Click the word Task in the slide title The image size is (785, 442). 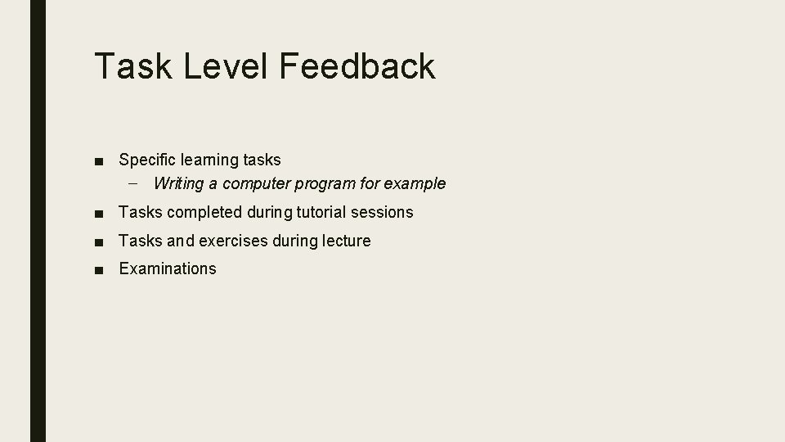pyautogui.click(x=132, y=66)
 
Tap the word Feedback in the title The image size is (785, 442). pyautogui.click(x=357, y=66)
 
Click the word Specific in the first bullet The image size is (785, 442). pyautogui.click(x=147, y=160)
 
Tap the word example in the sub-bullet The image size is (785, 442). pyautogui.click(x=417, y=183)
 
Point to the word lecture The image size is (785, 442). pyautogui.click(x=346, y=241)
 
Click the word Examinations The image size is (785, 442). pyautogui.click(x=168, y=268)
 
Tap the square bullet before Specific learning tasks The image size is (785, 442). pyautogui.click(x=99, y=160)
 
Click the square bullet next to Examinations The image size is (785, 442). pyautogui.click(x=99, y=269)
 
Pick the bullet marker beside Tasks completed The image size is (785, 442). pyautogui.click(x=99, y=213)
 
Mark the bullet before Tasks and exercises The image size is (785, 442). pyautogui.click(x=99, y=241)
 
